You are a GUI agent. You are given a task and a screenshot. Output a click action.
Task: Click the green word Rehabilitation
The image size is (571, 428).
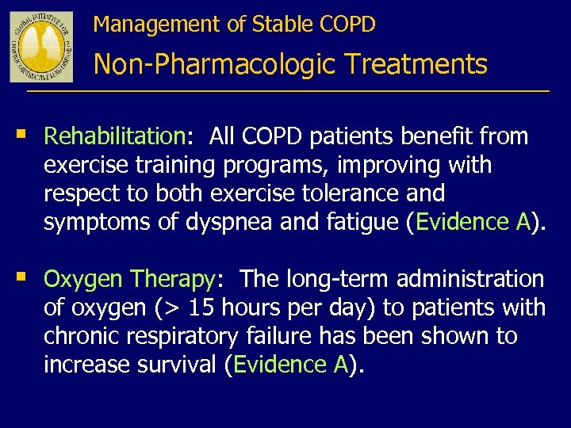coord(114,136)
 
